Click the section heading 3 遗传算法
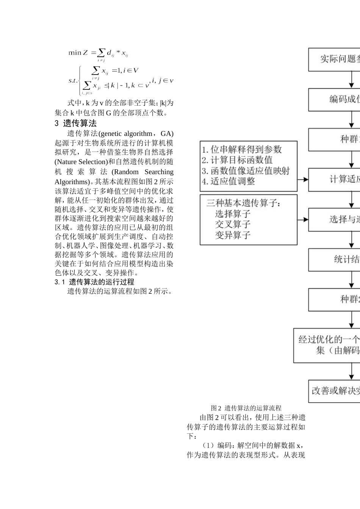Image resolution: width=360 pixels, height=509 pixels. coord(75,123)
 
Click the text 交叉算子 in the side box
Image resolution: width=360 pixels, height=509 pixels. coord(233,224)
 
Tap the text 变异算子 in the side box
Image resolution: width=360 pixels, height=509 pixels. coord(233,235)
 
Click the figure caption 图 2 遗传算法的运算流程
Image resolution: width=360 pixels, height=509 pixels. coord(246,408)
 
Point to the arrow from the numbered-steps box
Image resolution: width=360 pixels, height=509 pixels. coord(303,180)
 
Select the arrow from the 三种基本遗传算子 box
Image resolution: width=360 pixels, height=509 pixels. coord(303,220)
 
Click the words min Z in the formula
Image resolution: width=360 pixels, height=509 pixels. coord(78,53)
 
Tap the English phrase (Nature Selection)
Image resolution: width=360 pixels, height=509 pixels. coord(79,162)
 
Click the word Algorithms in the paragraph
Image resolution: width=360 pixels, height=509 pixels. coord(72,182)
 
